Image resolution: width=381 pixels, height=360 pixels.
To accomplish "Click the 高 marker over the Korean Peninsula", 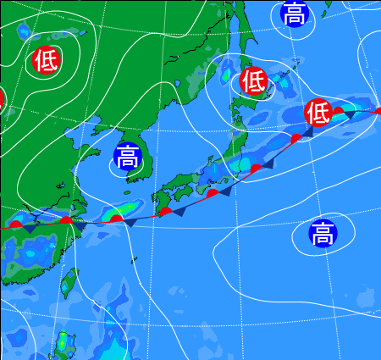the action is click(x=127, y=157).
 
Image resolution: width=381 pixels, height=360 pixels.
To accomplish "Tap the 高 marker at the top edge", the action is click(x=294, y=13).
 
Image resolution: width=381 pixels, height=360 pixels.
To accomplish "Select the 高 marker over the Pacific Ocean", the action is click(x=322, y=233).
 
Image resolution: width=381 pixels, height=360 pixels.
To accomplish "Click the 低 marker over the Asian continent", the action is click(x=47, y=60).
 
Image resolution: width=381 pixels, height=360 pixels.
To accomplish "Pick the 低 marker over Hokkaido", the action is click(x=253, y=80).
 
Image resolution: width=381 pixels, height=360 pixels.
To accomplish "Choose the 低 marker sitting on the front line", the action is click(x=317, y=111).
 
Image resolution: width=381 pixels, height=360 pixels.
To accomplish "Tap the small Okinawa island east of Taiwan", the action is click(x=134, y=261).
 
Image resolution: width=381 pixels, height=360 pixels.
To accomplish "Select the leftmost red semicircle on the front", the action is click(x=14, y=224).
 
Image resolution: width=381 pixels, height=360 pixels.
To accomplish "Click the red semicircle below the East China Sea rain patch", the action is click(x=115, y=219).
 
